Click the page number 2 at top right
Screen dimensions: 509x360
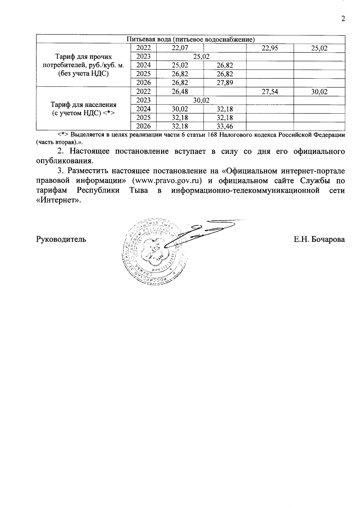(343, 19)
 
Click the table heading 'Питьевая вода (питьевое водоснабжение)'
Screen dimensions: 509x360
(190, 39)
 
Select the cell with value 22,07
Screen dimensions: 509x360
(180, 48)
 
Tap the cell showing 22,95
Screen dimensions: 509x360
(270, 48)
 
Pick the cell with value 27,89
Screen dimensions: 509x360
(225, 82)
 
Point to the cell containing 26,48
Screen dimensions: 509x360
(180, 91)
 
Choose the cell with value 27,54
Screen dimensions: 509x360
(270, 91)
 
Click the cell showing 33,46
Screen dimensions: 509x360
(225, 126)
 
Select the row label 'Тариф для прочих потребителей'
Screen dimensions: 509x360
(83, 65)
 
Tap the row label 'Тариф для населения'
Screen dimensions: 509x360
(83, 109)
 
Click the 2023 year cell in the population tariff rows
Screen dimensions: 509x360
(143, 100)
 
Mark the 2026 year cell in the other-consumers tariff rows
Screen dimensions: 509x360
(143, 82)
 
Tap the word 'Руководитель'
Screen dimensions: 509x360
(61, 239)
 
